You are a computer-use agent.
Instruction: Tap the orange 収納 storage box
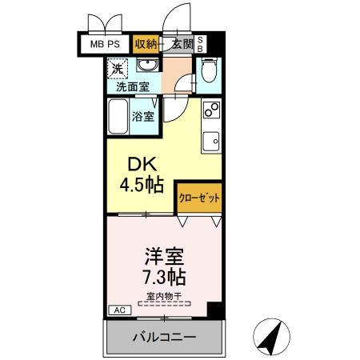pos(146,44)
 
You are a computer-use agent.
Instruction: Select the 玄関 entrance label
pos(181,44)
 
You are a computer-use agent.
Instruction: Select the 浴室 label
pos(144,115)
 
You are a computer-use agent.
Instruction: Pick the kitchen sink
pos(212,142)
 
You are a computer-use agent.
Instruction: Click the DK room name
pos(136,165)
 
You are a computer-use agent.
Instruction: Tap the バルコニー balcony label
pos(164,338)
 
